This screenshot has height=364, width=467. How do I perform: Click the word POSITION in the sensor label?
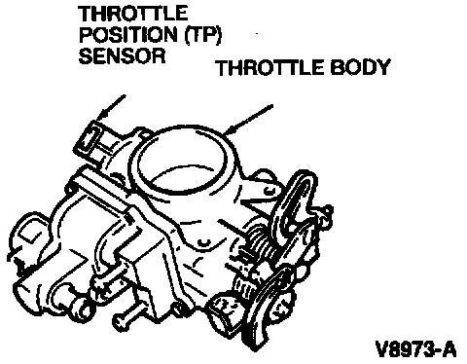(129, 34)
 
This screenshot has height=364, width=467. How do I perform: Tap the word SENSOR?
(122, 55)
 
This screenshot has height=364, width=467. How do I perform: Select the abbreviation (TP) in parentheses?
(202, 35)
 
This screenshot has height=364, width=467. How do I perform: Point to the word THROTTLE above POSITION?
(133, 14)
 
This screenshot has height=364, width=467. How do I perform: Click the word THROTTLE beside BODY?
(270, 67)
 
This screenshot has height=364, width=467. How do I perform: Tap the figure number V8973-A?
(415, 349)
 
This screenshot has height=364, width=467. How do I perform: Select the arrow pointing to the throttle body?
(249, 119)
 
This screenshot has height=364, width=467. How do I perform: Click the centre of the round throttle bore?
(182, 161)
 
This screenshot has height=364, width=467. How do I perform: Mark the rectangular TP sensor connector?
(89, 140)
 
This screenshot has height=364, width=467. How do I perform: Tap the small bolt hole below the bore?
(203, 242)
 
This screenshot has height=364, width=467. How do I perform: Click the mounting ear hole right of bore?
(269, 191)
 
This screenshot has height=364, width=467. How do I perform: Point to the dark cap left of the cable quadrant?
(227, 309)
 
